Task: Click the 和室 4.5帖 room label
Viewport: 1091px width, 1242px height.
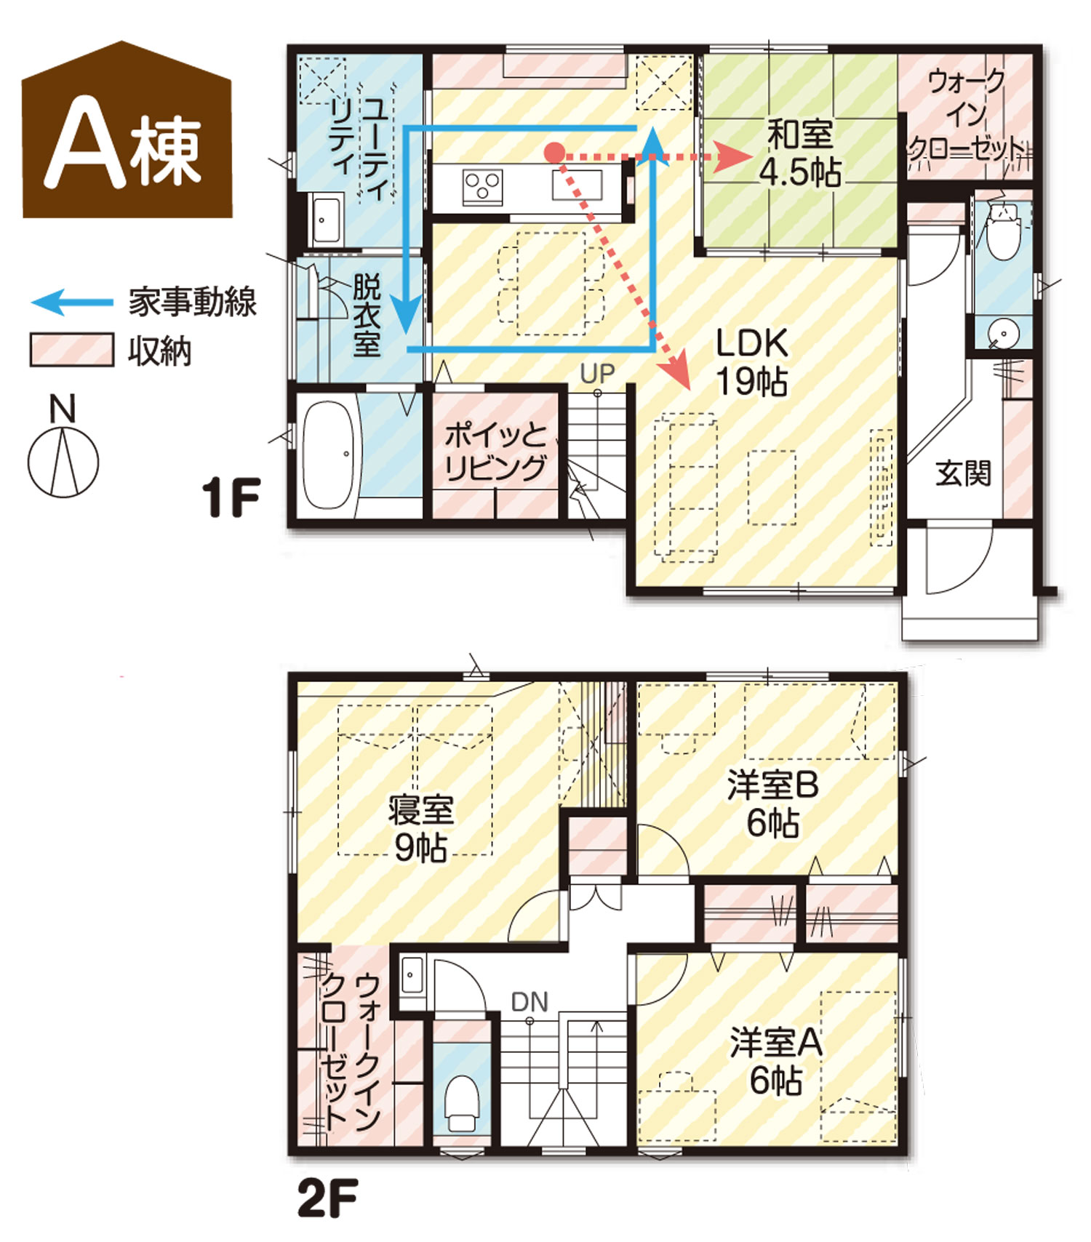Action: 800,153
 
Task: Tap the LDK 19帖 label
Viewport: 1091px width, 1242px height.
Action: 752,361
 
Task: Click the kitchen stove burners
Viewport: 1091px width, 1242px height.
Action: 482,186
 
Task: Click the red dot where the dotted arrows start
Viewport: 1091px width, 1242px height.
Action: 554,153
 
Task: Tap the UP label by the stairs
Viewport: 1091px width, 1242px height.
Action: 597,374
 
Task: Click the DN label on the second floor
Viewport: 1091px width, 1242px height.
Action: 529,1003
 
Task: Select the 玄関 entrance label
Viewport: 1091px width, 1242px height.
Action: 963,473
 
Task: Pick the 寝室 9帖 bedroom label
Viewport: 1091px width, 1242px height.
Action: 420,829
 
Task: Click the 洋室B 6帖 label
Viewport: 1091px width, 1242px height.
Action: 773,804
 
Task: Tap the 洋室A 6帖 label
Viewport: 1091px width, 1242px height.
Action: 776,1062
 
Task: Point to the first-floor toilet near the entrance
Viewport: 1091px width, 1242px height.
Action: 1004,231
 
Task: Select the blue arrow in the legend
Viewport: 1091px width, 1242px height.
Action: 72,302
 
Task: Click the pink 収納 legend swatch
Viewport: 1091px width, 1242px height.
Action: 71,350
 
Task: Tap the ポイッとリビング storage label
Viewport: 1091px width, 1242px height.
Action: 495,451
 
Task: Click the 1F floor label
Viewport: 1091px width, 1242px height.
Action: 231,497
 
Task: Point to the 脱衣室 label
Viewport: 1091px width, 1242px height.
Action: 367,315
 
